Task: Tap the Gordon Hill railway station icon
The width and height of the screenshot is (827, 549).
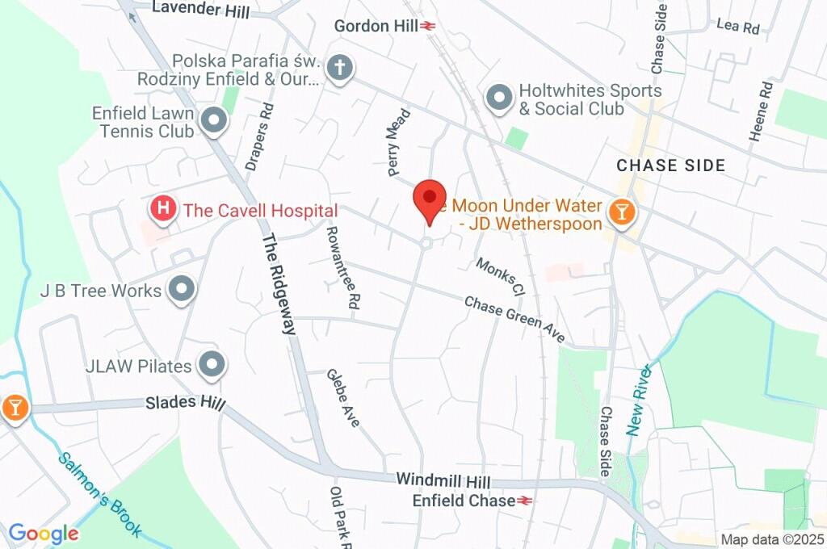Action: (428, 26)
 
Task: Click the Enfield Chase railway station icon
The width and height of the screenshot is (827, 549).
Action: (525, 501)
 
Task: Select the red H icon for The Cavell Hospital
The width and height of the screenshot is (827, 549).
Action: (164, 209)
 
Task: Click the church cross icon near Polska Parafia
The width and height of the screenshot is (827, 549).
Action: (340, 68)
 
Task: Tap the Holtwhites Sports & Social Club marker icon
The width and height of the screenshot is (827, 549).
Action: (499, 99)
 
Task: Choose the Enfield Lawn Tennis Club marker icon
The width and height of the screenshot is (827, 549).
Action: (214, 121)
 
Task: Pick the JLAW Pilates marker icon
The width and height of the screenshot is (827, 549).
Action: (212, 365)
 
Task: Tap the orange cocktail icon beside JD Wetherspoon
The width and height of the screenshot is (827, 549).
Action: (623, 213)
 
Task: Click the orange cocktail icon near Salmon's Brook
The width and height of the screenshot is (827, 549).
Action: (14, 408)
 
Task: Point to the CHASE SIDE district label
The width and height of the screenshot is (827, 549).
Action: (670, 166)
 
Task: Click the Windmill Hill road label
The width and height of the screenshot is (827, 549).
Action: (444, 480)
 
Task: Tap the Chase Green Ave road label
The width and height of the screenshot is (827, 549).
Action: (514, 319)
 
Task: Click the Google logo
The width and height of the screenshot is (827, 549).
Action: (44, 533)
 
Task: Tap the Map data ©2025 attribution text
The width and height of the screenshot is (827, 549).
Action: (772, 539)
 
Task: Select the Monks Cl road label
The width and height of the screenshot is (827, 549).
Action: (500, 276)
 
